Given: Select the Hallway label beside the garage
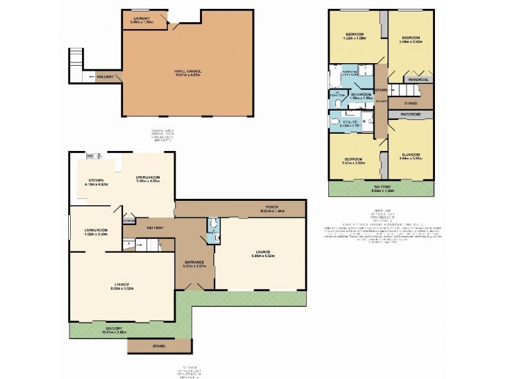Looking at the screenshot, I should coord(105,77).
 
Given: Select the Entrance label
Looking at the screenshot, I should coord(194,262).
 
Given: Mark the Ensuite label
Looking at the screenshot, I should coord(349,121).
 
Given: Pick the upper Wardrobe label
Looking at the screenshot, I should coord(419,80).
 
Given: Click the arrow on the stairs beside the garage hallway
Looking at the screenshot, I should coord(93,76).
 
